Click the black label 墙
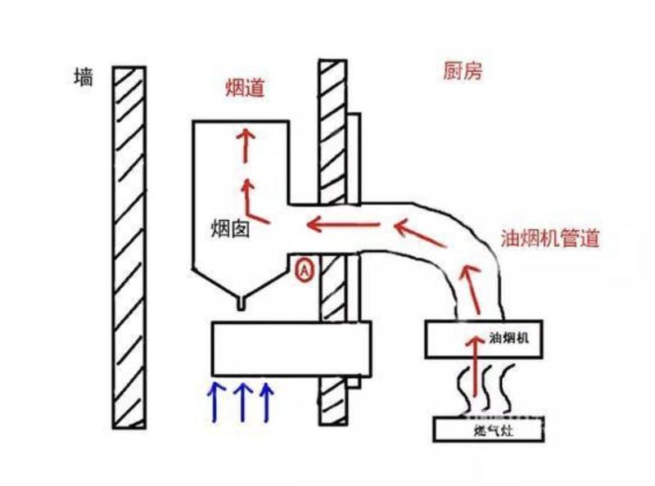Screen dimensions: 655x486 click(84, 78)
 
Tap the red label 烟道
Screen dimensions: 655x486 click(245, 88)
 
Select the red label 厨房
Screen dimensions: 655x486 click(463, 71)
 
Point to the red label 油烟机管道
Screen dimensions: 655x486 click(550, 238)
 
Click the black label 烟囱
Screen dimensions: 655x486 click(231, 229)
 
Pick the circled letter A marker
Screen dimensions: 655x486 click(305, 270)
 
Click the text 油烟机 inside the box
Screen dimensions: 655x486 click(508, 337)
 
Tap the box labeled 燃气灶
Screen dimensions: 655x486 click(489, 430)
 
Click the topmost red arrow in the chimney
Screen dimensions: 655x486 click(246, 146)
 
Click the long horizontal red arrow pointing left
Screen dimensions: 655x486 click(343, 225)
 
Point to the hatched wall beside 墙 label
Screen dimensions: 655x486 click(129, 248)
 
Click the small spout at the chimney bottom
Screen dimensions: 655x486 click(241, 303)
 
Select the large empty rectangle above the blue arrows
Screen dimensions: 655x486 click(291, 349)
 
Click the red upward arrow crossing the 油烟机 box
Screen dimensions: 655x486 click(475, 366)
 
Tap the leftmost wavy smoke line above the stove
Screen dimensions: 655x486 click(463, 389)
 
